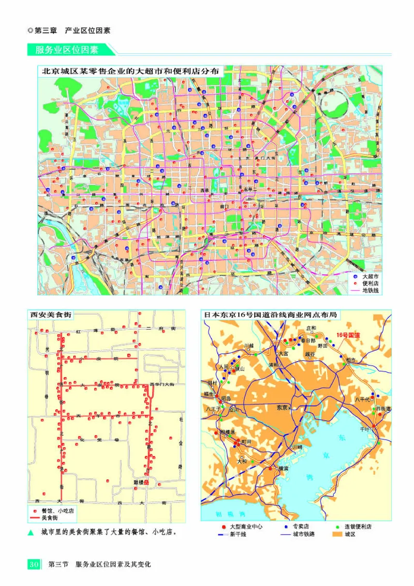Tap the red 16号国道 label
pos(348,335)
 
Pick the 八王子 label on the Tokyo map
pos(214,408)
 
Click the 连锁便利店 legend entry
pos(358,526)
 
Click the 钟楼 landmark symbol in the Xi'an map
pos(146,482)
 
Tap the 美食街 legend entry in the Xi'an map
pos(51,518)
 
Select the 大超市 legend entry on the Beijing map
pos(371,277)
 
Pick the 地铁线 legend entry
pos(371,290)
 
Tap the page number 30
pos(34,564)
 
